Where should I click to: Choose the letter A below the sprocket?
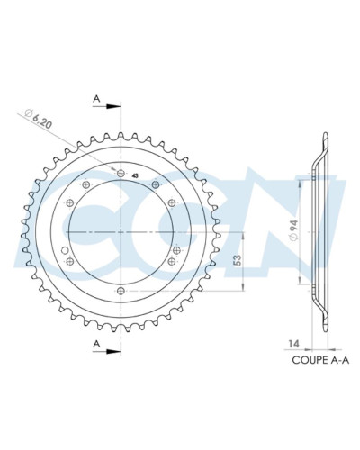point(96,343)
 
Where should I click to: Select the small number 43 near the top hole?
point(134,175)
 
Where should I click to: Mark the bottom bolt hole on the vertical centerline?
point(121,291)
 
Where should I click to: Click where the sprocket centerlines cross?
point(121,232)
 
